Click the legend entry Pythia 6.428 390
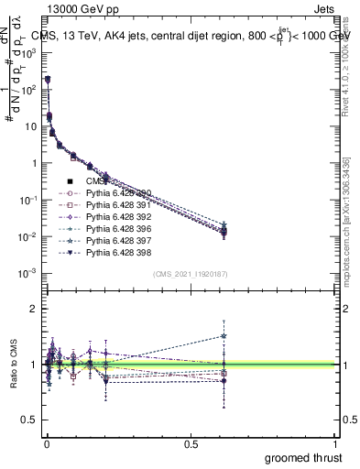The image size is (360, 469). [x=110, y=193]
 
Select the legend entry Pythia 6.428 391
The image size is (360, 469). [x=110, y=205]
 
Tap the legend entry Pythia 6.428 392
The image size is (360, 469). [x=110, y=216]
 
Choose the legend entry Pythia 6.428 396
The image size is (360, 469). [x=110, y=228]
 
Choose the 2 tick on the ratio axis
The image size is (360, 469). [x=34, y=309]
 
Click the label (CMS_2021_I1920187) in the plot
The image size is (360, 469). [x=190, y=274]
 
